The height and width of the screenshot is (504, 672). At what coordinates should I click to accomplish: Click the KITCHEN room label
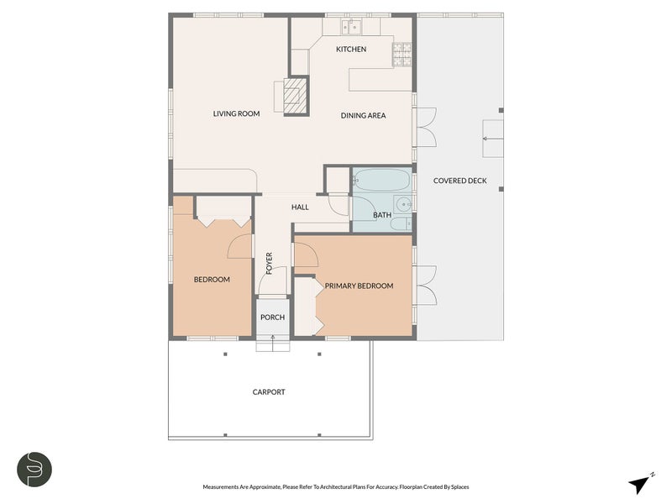(351, 50)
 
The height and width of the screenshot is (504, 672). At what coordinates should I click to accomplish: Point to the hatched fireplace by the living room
(295, 95)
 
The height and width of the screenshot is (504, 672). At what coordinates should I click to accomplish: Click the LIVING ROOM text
(236, 114)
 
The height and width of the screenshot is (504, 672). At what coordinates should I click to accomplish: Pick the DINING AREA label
(363, 115)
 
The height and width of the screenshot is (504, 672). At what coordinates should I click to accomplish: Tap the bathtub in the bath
(381, 181)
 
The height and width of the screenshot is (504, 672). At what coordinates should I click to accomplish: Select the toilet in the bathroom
(402, 223)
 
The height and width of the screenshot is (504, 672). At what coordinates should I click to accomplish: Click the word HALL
(300, 207)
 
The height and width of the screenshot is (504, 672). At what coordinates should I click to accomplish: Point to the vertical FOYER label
(270, 263)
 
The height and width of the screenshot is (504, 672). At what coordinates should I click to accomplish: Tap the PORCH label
(272, 318)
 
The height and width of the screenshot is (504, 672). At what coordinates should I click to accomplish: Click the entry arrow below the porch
(272, 339)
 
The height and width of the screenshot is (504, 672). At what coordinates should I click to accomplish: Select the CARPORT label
(269, 392)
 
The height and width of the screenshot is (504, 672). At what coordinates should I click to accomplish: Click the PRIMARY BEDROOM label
(359, 286)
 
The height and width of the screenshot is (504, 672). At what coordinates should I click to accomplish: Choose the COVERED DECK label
(459, 181)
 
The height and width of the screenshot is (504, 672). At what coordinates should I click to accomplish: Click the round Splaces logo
(34, 469)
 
